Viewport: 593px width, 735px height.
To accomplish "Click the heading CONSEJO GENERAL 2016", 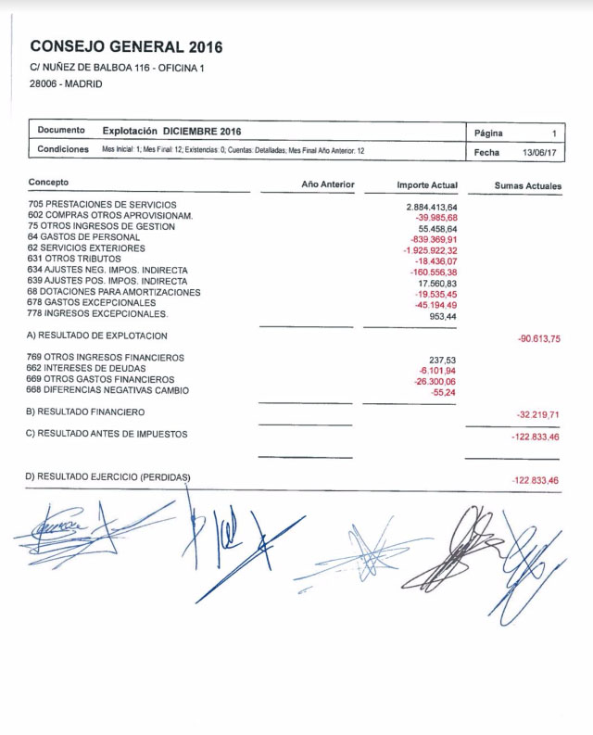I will click(126, 46).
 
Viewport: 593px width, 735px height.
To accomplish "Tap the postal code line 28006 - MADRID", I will click(66, 83).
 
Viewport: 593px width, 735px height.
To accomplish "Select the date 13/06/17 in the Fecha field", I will click(540, 152).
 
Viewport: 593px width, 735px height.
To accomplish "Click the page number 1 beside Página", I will click(554, 133).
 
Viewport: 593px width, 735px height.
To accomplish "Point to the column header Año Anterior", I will click(328, 184).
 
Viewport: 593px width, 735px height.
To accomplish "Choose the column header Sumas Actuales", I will click(527, 186).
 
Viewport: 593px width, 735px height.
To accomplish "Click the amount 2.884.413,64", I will click(432, 207).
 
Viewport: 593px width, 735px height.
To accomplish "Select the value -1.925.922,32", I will click(430, 250).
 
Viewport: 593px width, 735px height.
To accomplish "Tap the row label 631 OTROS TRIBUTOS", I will click(74, 259).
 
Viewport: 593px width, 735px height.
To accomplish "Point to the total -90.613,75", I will click(538, 339).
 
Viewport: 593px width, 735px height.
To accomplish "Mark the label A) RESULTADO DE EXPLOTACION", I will click(97, 336).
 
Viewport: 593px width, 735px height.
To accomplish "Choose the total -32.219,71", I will click(538, 415).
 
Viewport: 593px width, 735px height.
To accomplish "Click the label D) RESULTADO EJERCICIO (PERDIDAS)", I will click(107, 477).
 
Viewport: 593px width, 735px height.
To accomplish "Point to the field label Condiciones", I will click(63, 149).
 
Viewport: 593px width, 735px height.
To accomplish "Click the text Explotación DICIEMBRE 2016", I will click(171, 132).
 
